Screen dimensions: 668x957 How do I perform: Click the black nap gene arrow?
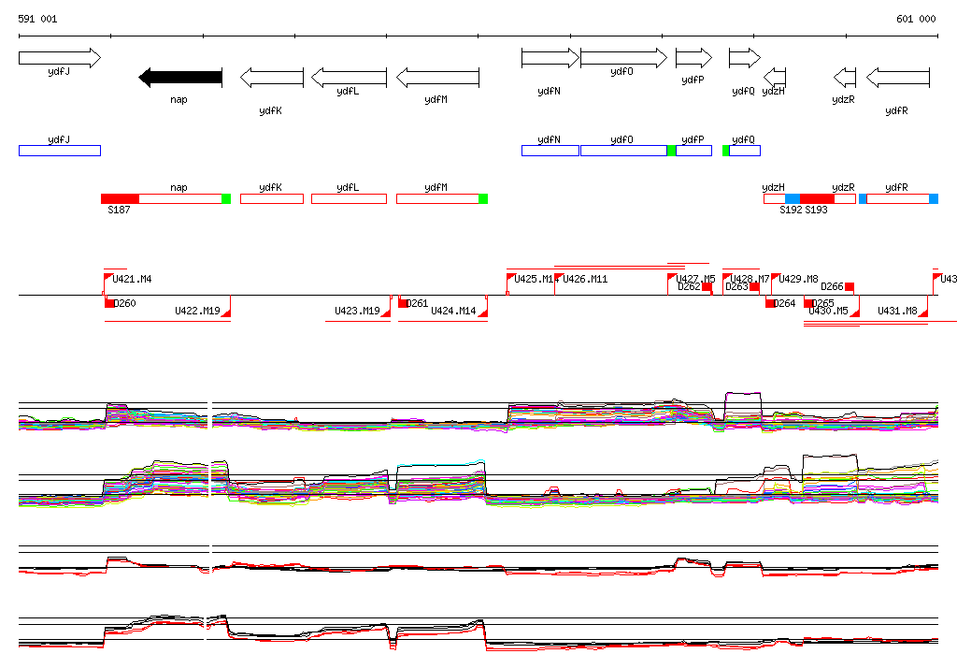(180, 78)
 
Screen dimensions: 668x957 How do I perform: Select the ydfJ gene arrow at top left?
(59, 58)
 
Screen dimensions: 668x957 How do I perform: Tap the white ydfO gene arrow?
(622, 58)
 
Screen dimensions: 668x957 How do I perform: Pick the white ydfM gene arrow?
(437, 78)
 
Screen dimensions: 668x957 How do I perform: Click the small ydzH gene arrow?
(775, 77)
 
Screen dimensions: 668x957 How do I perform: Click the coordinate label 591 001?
(37, 19)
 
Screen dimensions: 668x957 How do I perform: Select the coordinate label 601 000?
(916, 19)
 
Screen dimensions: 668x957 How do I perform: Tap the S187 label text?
(119, 211)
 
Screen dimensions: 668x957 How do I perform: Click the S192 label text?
(791, 211)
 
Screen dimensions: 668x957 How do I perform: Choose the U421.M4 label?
(132, 279)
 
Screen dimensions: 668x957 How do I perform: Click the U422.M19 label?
(197, 312)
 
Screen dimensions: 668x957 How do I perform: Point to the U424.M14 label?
(453, 312)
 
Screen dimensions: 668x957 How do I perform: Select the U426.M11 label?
(585, 279)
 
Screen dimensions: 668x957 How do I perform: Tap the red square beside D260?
(109, 303)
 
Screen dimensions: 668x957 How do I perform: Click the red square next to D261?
(404, 303)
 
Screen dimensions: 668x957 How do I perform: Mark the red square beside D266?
(850, 287)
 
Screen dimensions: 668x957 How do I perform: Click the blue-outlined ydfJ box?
(59, 151)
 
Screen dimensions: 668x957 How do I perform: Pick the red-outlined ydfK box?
(271, 198)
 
